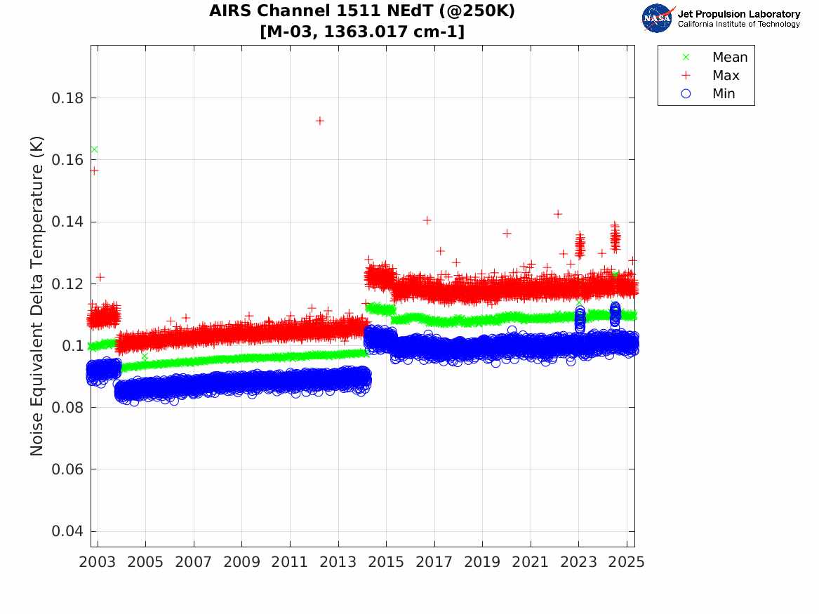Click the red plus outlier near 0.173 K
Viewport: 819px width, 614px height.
(x=319, y=121)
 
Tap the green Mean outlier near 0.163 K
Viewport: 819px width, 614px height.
(x=95, y=149)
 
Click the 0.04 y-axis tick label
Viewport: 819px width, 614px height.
(x=67, y=531)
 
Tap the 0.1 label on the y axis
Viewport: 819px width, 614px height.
(x=72, y=346)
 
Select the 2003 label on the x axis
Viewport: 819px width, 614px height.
(x=97, y=562)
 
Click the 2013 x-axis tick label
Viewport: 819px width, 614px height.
(x=338, y=562)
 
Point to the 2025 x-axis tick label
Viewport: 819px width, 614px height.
(x=627, y=562)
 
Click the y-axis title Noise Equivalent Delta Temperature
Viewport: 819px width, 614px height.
(x=36, y=296)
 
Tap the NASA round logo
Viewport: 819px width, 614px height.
(x=657, y=18)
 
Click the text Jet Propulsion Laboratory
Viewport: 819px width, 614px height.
(x=739, y=14)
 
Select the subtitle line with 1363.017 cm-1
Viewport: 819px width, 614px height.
(x=362, y=32)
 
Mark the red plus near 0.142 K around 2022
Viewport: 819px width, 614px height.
(x=558, y=214)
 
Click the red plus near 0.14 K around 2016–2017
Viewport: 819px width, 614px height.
(x=427, y=220)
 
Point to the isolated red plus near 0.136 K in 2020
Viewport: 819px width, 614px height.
(x=507, y=234)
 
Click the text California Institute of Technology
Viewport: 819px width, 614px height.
(x=739, y=24)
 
